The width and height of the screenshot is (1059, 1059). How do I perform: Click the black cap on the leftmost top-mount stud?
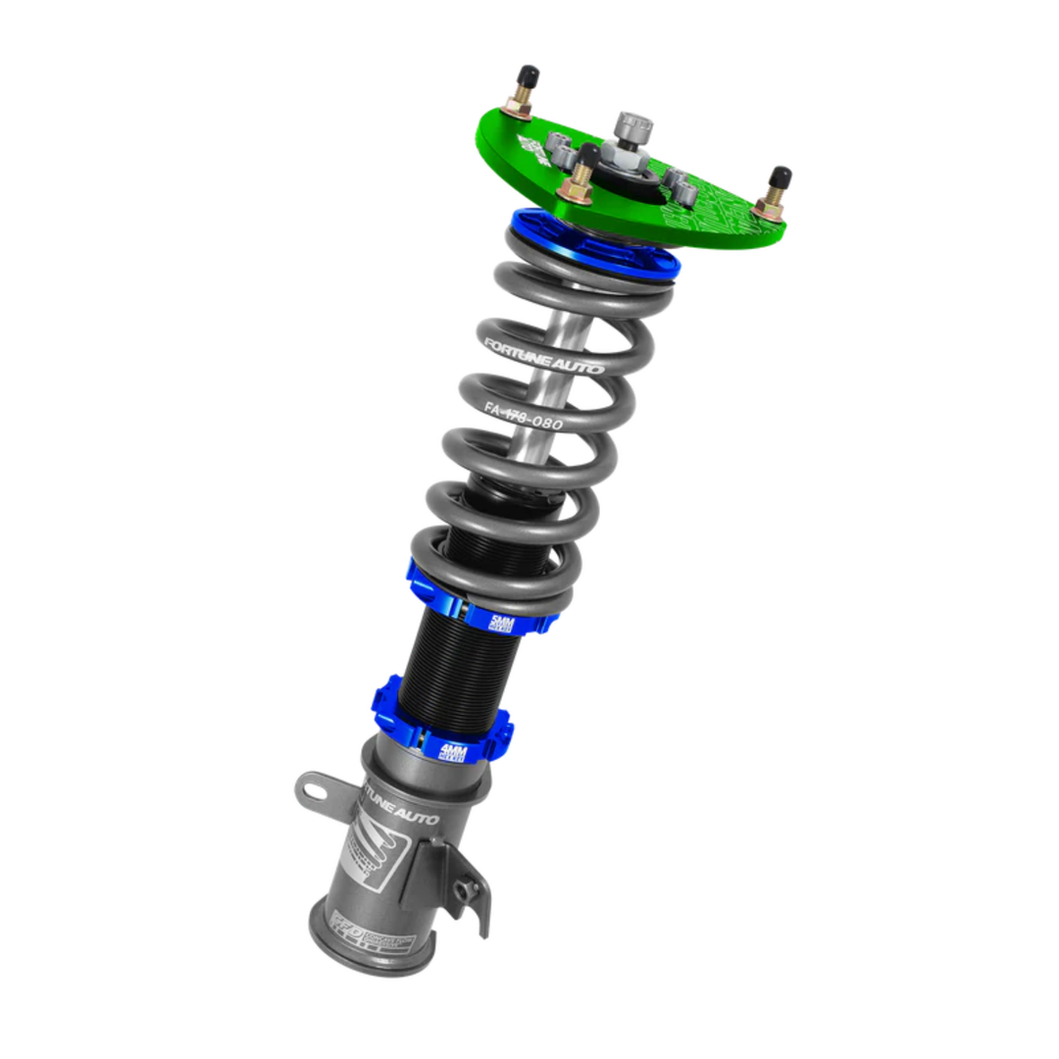click(x=528, y=76)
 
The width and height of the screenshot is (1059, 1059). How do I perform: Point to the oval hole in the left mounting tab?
click(x=312, y=785)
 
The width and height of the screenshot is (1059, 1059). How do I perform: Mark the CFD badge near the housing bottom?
click(x=344, y=926)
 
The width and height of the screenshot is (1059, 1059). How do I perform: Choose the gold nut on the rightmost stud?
click(x=769, y=209)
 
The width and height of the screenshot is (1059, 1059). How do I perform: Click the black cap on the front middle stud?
click(x=589, y=155)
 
